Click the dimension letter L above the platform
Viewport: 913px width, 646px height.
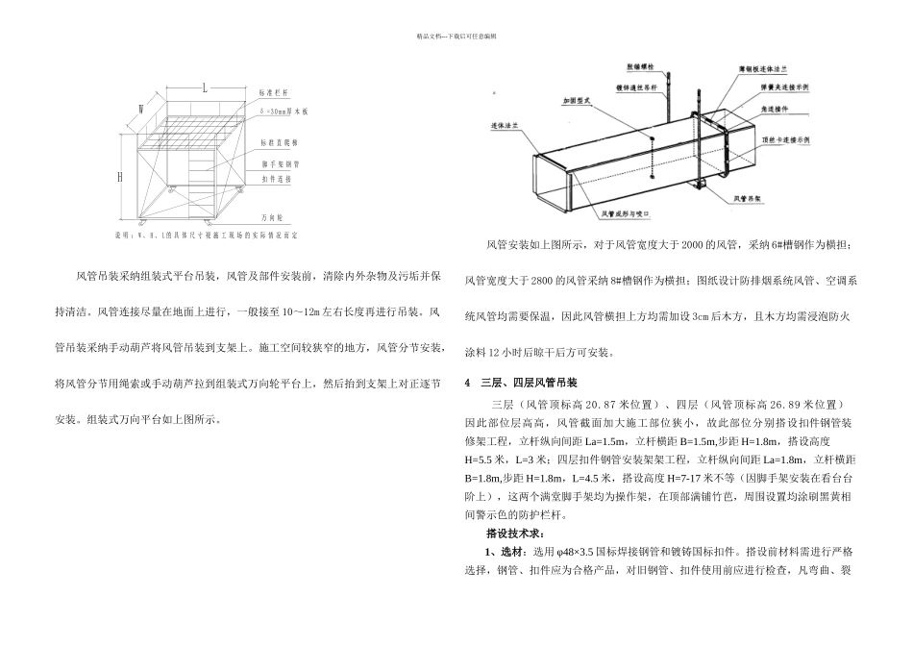tap(206, 87)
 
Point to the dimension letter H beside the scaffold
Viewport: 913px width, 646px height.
tap(120, 177)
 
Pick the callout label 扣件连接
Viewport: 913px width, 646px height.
tap(273, 179)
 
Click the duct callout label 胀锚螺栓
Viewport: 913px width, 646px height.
tap(641, 68)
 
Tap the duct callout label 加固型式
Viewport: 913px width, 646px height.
tap(575, 99)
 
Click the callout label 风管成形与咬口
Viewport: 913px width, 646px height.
tap(628, 214)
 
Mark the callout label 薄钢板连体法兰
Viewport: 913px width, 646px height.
tap(764, 70)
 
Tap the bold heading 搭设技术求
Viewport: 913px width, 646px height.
tap(516, 533)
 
